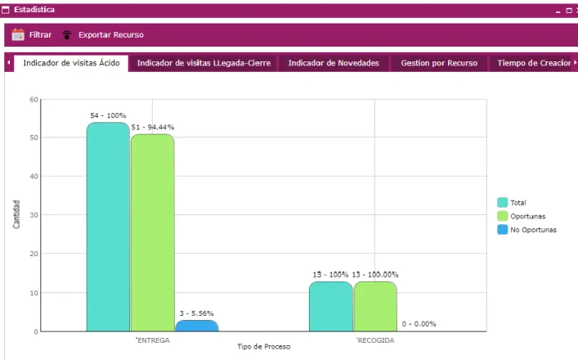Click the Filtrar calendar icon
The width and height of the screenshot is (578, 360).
[18, 34]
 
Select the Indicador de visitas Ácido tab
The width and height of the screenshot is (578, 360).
[71, 63]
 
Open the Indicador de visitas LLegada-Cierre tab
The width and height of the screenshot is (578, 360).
[204, 63]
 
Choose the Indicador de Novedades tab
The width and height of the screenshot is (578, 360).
[334, 63]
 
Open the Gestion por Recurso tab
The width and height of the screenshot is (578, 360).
[439, 63]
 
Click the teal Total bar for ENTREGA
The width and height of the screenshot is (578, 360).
[108, 227]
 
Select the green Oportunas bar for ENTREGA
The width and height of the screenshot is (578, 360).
[153, 232]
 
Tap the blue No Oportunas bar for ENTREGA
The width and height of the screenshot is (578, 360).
[197, 326]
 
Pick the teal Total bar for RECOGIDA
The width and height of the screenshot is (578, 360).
[330, 306]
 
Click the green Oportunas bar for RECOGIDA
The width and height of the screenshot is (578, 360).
[375, 306]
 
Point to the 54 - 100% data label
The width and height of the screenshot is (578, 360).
[108, 115]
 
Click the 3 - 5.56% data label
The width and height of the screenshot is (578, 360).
[196, 313]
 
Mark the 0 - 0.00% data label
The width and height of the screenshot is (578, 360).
[419, 324]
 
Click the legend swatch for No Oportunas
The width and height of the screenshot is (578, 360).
[503, 229]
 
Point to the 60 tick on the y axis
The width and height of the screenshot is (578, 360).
[34, 100]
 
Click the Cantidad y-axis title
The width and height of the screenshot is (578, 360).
[16, 214]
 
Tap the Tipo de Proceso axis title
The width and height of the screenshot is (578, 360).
[264, 346]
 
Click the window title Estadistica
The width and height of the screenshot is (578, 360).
[34, 10]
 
